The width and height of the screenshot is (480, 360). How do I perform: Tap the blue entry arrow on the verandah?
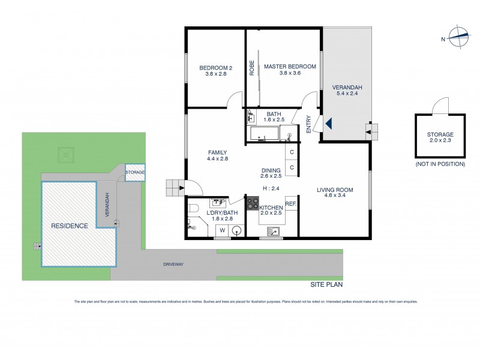click(x=328, y=124)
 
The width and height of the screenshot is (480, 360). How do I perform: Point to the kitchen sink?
click(x=274, y=231)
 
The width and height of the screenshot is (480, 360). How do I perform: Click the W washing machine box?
click(x=222, y=230)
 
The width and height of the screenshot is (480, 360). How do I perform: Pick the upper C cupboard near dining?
click(x=292, y=152)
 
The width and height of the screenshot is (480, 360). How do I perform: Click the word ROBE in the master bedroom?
click(x=252, y=67)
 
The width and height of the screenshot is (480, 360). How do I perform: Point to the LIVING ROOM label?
click(x=334, y=190)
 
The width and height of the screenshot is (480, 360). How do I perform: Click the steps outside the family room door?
click(x=173, y=188)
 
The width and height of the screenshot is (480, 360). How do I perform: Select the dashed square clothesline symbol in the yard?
click(x=65, y=154)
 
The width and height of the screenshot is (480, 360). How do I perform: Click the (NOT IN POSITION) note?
click(x=440, y=164)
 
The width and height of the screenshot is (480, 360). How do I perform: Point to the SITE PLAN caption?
click(x=326, y=286)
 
